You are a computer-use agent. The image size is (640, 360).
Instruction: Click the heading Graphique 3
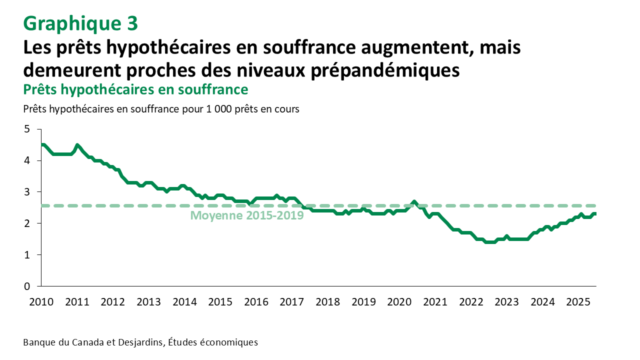[80, 23]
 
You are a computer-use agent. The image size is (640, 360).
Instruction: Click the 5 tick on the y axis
[27, 129]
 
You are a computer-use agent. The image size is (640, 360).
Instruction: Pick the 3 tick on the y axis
[27, 192]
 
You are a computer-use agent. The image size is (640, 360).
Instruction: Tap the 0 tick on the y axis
[27, 286]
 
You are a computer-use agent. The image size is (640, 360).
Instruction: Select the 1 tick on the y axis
[27, 255]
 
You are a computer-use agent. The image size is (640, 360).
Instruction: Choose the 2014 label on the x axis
[184, 302]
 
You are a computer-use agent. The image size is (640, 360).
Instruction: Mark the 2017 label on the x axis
[292, 302]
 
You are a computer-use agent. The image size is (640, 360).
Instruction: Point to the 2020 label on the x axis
[399, 302]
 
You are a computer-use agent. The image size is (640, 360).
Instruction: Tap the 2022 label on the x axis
[471, 302]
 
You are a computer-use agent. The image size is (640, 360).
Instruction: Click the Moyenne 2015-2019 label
[247, 216]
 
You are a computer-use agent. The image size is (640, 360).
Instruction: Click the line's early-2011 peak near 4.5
[77, 145]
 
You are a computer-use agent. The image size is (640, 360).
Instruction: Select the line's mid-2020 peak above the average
[414, 202]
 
